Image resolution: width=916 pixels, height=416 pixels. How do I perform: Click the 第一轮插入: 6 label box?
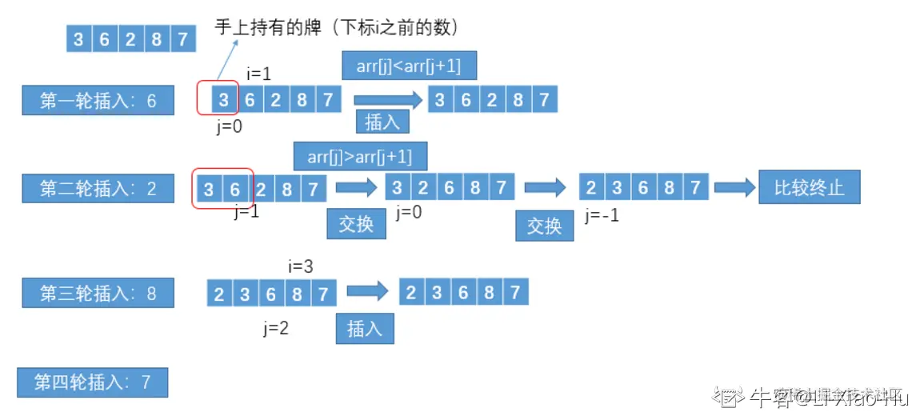pos(98,101)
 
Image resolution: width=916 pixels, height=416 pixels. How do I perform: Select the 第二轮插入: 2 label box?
pos(98,189)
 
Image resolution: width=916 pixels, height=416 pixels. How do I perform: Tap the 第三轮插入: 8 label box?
pos(98,293)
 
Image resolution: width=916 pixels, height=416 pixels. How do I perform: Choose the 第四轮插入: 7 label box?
pos(92,382)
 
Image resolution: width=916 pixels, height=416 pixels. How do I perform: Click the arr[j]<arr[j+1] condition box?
pos(408,66)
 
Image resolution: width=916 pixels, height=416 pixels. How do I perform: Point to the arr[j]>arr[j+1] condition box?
pos(359,156)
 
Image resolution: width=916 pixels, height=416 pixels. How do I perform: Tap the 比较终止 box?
pos(809,189)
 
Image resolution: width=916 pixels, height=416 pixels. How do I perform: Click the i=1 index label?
pos(259,74)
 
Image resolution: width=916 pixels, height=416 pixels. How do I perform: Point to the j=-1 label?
pos(602,215)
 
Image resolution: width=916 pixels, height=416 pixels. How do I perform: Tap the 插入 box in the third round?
pos(364,328)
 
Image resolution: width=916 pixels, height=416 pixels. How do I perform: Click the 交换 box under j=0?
pos(356,223)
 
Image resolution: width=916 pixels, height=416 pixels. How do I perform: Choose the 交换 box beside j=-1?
pos(545,226)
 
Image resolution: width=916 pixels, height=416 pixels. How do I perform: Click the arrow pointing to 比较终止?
pos(734,188)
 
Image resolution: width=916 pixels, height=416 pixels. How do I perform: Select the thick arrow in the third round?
pos(367,292)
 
